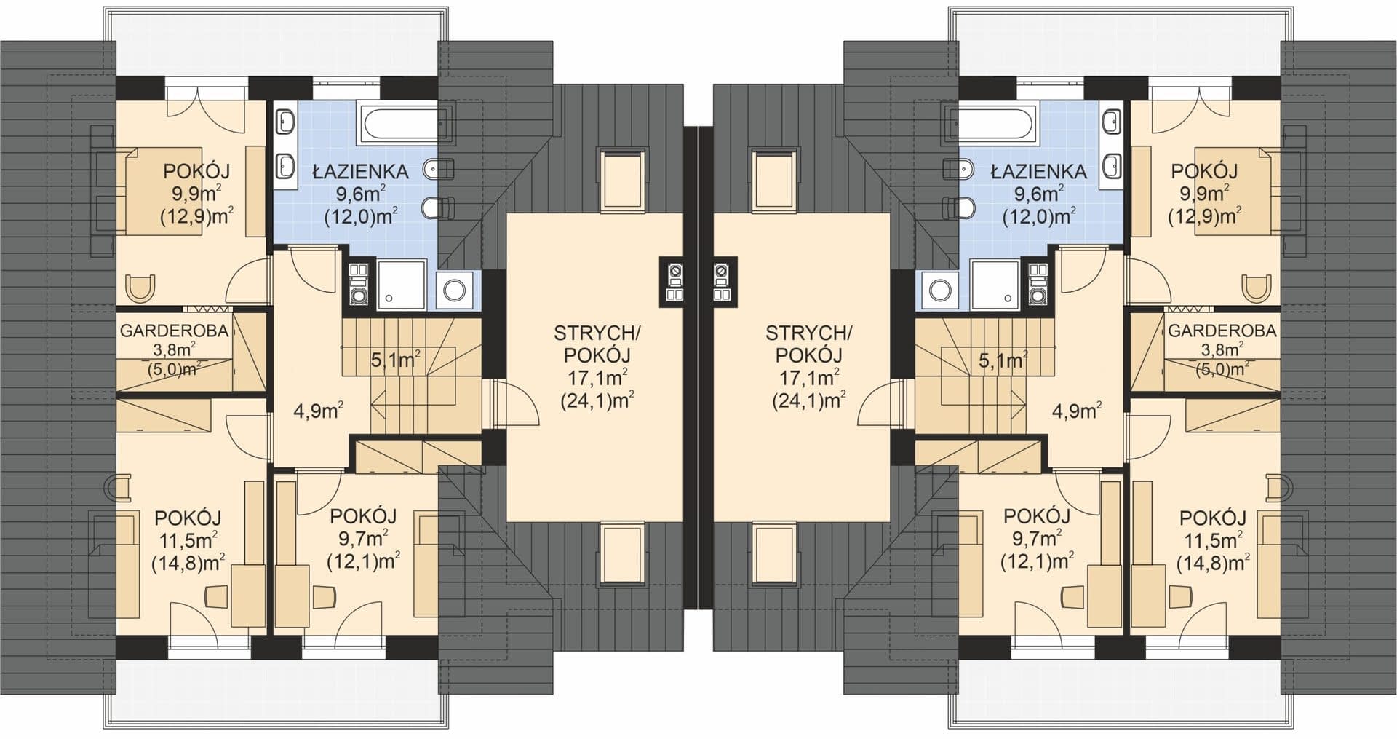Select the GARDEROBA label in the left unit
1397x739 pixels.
click(174, 331)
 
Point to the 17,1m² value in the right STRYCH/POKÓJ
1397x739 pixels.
click(808, 377)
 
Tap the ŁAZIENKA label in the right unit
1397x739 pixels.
click(1039, 173)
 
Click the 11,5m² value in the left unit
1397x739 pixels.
click(188, 540)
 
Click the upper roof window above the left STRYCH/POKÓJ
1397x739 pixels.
click(621, 179)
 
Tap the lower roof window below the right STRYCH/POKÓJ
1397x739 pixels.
click(774, 553)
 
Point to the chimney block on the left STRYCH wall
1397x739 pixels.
click(672, 280)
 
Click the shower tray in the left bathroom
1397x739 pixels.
click(403, 285)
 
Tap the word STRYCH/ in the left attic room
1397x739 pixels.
click(597, 333)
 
